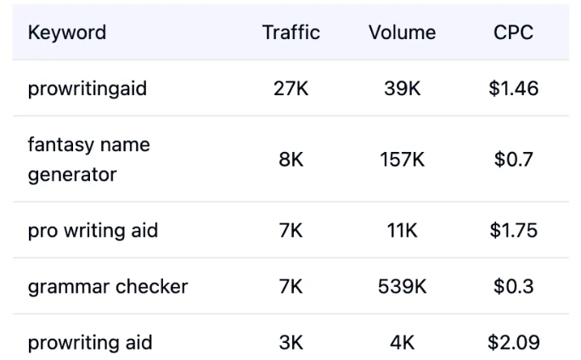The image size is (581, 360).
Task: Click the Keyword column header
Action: (67, 33)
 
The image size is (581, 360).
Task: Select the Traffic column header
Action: (291, 33)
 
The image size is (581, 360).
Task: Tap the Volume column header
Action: (402, 33)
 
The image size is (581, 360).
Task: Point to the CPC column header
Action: (513, 33)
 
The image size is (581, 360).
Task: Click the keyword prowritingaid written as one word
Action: (87, 88)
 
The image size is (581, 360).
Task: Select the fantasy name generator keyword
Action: (88, 160)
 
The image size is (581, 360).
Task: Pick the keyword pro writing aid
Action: (93, 231)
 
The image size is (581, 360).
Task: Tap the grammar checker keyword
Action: (108, 287)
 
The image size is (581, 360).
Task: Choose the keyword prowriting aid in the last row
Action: (90, 343)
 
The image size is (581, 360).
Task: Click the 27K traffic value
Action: (291, 88)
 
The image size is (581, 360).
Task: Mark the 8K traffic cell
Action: (291, 160)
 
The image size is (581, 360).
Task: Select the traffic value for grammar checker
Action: (291, 287)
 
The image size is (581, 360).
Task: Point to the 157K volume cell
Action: (402, 160)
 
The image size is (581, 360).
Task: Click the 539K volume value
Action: (402, 287)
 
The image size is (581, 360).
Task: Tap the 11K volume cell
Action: (402, 231)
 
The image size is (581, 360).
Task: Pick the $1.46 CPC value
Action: (513, 88)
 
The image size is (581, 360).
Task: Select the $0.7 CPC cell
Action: (513, 160)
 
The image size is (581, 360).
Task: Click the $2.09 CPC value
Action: (513, 343)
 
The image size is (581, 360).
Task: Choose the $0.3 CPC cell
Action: (513, 287)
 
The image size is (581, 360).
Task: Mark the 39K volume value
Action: (402, 88)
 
